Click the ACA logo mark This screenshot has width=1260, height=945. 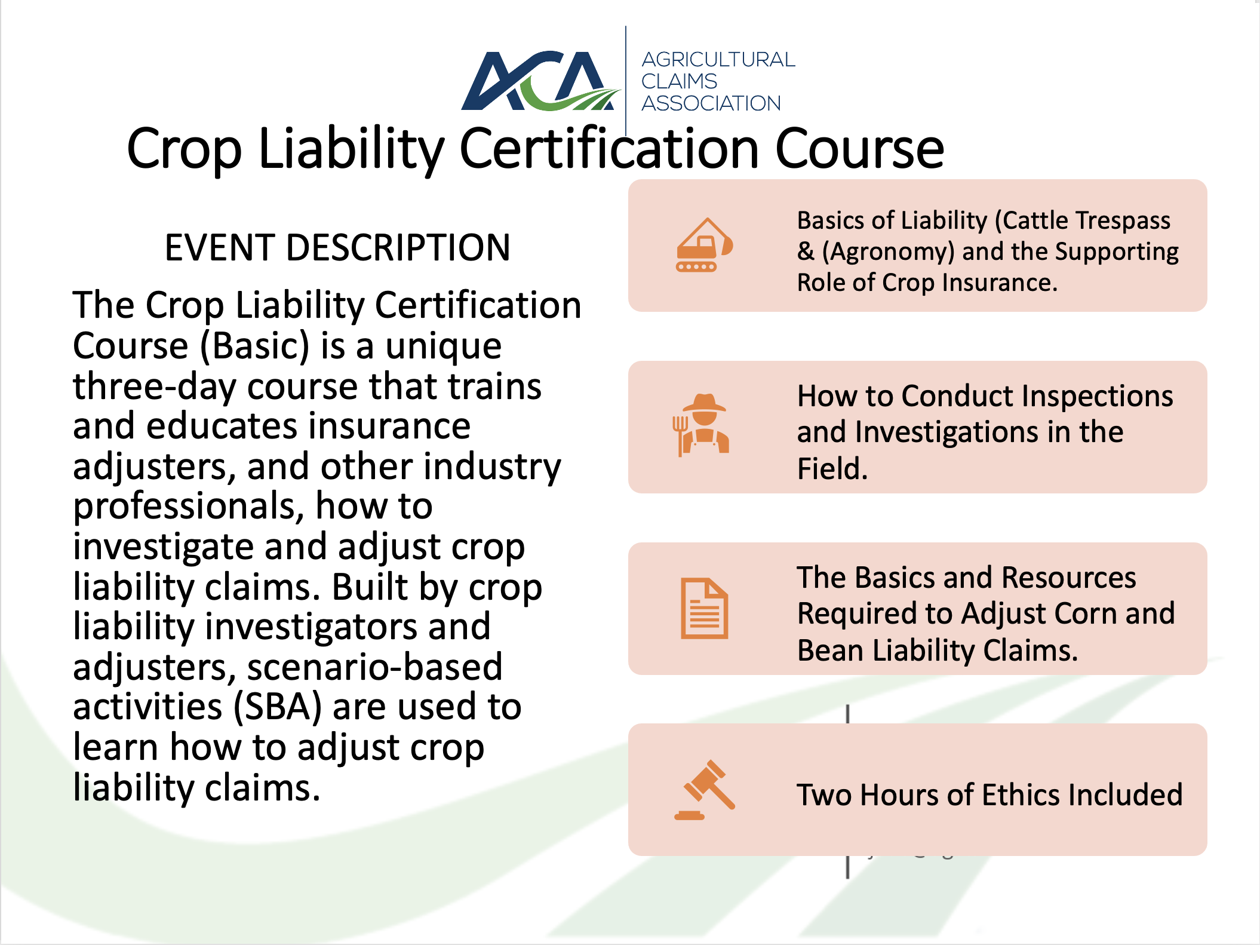[540, 81]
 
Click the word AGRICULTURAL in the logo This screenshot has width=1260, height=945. [718, 60]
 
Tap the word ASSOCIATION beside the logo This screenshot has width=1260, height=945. [711, 103]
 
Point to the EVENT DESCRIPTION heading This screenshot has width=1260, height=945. [337, 247]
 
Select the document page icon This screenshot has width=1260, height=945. [705, 608]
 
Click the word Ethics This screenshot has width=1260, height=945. [1022, 795]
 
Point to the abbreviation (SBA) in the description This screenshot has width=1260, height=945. [278, 707]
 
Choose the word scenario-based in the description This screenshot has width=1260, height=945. [375, 667]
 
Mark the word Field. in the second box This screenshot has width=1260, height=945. [832, 468]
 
